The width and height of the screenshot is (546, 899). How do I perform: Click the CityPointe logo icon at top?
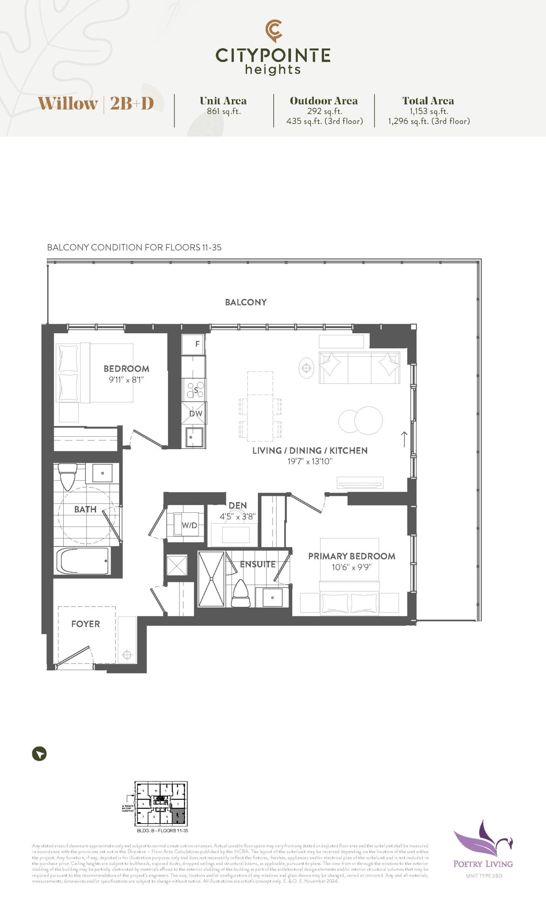[273, 31]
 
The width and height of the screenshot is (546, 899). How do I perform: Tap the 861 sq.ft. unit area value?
[223, 111]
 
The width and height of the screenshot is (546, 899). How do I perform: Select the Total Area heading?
[428, 101]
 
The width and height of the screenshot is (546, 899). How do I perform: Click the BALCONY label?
[246, 302]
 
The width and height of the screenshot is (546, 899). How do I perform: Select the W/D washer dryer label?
[189, 525]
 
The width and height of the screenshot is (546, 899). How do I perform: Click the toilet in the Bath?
[67, 476]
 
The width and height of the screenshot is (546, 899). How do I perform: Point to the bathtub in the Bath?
[83, 562]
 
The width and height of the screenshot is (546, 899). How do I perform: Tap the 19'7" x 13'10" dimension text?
[310, 461]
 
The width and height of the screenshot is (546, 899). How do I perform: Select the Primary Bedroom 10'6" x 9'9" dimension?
[351, 567]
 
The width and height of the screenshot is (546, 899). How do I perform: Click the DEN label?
[238, 505]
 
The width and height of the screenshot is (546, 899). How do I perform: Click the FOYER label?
[85, 624]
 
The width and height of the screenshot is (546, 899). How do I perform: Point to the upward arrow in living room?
[404, 439]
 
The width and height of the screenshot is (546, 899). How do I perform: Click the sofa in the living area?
[359, 367]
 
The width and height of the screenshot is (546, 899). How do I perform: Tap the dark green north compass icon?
[39, 754]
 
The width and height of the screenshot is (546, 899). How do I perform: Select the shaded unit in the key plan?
[178, 816]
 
